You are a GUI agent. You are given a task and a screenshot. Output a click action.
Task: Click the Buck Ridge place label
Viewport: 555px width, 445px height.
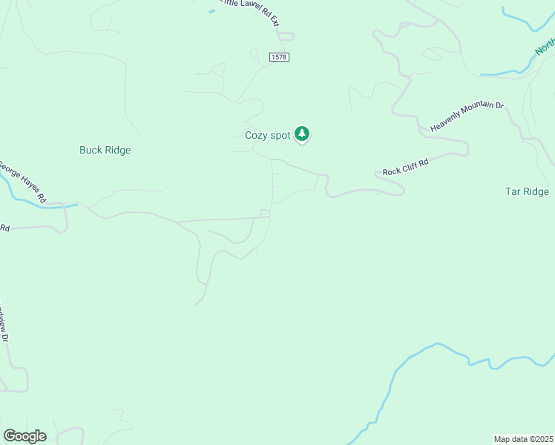coord(105,150)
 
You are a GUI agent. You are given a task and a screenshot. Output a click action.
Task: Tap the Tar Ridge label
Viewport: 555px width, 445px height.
coord(527,191)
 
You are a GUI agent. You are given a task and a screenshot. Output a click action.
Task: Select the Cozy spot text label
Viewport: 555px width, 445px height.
coord(268,135)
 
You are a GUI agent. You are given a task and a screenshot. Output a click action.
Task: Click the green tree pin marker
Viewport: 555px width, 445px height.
coord(302,133)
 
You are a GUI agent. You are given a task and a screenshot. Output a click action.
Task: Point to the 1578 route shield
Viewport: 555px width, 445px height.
coord(279,57)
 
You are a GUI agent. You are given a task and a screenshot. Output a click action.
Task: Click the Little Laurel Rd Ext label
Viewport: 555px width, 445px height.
coord(249,11)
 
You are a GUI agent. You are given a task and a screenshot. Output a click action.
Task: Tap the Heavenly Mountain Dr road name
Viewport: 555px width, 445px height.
coord(467,116)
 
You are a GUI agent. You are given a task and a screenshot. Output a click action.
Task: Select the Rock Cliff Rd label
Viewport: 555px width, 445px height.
coord(406,167)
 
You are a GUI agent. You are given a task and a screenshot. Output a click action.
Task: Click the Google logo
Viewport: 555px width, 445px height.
coord(24,435)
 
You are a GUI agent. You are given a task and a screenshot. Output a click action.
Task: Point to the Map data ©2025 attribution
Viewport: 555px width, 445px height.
coord(524,438)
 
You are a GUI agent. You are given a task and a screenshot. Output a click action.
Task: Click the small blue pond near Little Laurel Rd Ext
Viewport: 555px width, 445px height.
coord(211,10)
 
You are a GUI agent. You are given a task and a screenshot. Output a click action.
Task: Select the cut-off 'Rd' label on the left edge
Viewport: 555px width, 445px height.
coord(4,228)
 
